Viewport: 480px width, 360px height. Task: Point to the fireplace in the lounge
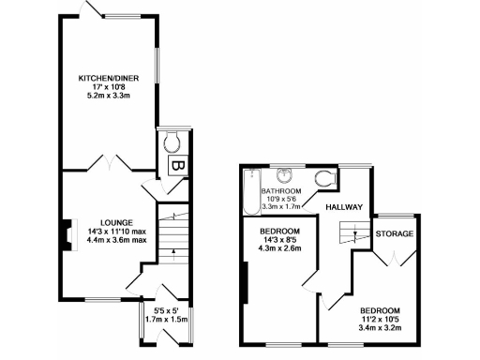[67, 235]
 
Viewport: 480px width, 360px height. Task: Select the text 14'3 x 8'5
[281, 241]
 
